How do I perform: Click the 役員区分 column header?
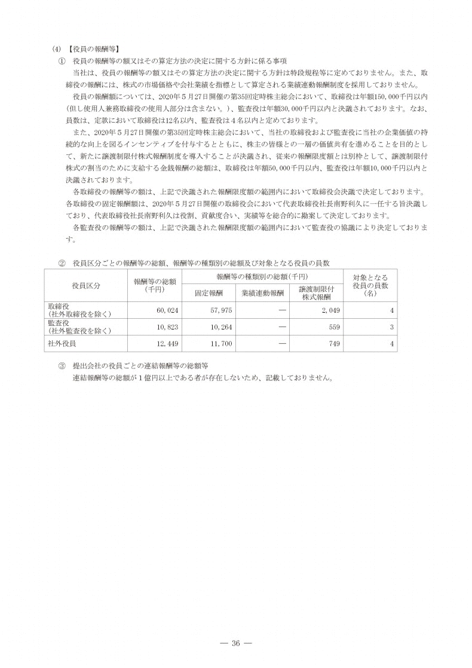pos(86,285)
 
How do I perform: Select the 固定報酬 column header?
pos(208,293)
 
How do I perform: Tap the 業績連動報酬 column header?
pos(262,293)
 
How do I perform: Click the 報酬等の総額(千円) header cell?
pos(155,285)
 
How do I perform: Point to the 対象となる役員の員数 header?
pos(370,285)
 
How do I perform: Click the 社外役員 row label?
pos(62,344)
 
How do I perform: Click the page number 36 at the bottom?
pos(235,643)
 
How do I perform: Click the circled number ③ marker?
pos(61,366)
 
